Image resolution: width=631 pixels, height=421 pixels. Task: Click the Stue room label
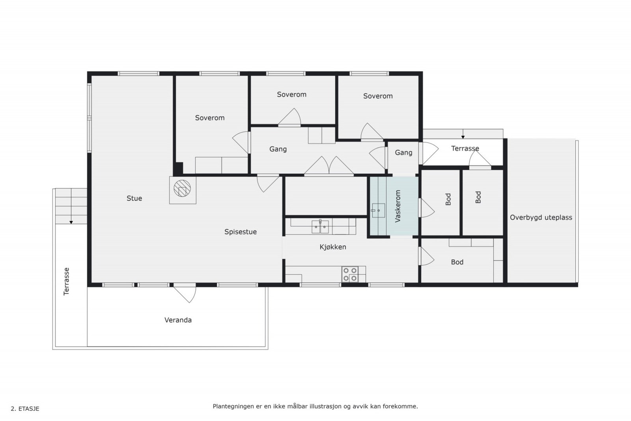point(134,198)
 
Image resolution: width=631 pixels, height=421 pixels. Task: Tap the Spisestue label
point(241,232)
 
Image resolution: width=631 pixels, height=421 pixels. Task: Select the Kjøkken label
point(333,247)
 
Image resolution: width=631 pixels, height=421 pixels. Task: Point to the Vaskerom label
point(398,206)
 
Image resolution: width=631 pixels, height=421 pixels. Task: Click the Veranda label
point(178,320)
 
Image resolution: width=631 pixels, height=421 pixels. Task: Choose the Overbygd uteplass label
point(541,217)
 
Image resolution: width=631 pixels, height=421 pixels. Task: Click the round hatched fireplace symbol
point(182,188)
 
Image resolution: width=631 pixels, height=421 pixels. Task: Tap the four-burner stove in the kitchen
point(350,275)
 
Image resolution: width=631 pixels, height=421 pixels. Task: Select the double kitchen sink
point(320,227)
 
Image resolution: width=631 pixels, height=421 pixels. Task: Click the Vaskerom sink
point(378,211)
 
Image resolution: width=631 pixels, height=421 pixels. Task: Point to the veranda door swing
point(185,294)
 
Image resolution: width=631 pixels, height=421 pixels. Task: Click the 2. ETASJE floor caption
point(25,409)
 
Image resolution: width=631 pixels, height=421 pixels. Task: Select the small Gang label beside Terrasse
point(403,153)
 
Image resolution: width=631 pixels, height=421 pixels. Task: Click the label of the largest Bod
point(457,262)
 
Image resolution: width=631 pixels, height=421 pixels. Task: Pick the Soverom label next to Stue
point(210,118)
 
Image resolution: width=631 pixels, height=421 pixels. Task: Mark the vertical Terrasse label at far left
point(66,281)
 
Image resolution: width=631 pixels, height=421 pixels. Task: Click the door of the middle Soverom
point(289,116)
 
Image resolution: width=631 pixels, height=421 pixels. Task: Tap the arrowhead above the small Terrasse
point(463,137)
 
